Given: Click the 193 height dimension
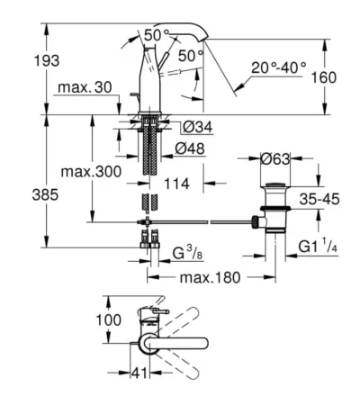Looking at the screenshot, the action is click(47, 61).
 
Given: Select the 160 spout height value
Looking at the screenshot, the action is click(324, 77).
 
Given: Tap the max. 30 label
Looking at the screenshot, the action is click(85, 87).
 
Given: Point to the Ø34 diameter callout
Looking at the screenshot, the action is click(198, 127).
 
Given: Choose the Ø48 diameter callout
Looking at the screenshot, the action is click(190, 148).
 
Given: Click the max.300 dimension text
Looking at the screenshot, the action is click(91, 172).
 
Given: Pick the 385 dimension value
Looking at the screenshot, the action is click(45, 195).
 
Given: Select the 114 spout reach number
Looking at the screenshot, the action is click(176, 184).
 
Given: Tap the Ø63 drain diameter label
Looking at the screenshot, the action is click(275, 159).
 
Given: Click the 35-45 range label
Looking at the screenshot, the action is click(319, 199).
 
